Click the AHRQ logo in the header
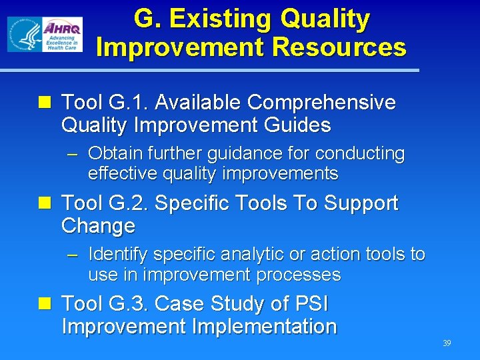pyautogui.click(x=62, y=35)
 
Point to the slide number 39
pyautogui.click(x=447, y=343)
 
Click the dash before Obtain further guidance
pyautogui.click(x=73, y=155)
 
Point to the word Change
pyautogui.click(x=98, y=226)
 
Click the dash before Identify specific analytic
pyautogui.click(x=73, y=255)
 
